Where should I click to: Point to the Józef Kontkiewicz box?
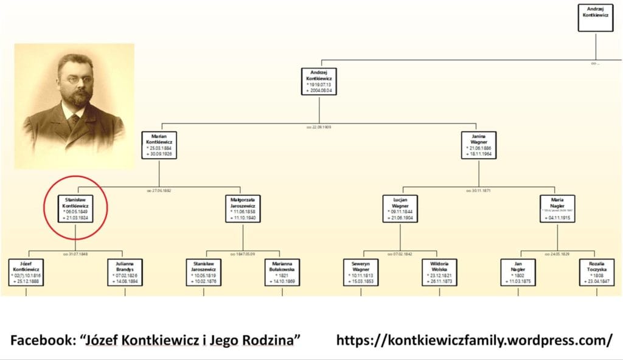click(x=26, y=272)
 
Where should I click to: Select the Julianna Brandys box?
click(x=125, y=272)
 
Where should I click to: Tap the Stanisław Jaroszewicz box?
click(x=203, y=272)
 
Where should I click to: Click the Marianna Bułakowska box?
click(x=282, y=272)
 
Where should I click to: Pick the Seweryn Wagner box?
click(x=361, y=272)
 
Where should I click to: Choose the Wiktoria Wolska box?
click(x=439, y=272)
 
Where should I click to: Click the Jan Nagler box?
click(x=518, y=272)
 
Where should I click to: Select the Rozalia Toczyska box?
click(x=596, y=272)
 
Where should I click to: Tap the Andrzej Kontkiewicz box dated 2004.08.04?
click(x=319, y=81)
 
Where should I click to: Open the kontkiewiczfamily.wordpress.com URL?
click(x=475, y=340)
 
